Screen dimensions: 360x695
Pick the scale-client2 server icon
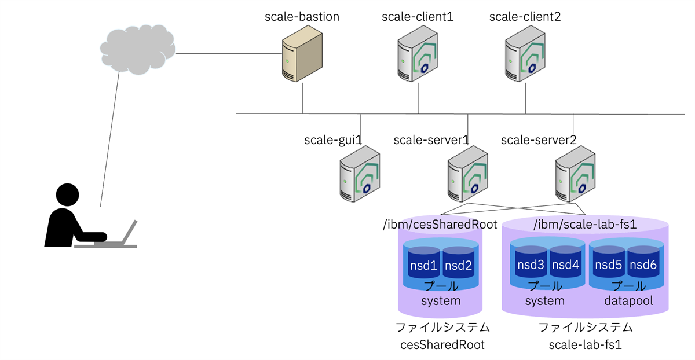click(525, 57)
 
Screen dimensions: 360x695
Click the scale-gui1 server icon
click(360, 174)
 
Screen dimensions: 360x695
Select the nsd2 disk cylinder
click(458, 265)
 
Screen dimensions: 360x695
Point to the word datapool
click(628, 301)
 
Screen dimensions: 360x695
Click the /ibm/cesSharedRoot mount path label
click(440, 225)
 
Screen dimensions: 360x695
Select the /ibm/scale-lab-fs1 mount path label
click(584, 225)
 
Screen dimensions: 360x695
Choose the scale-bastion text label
click(302, 17)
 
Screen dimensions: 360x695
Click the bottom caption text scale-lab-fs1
click(585, 346)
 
